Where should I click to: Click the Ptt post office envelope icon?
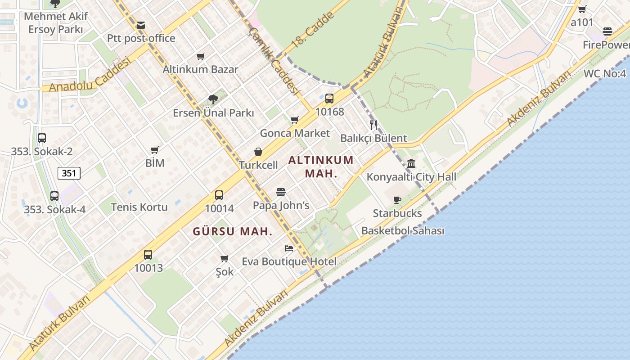click(141, 25)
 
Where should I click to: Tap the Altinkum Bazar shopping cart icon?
click(201, 57)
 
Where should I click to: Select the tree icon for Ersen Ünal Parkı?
click(213, 99)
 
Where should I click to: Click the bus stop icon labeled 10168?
click(329, 99)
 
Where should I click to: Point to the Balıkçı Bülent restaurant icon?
click(373, 125)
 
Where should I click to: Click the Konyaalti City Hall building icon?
click(411, 164)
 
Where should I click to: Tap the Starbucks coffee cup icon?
click(397, 200)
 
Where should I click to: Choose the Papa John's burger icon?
click(281, 193)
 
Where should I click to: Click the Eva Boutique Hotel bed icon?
click(289, 248)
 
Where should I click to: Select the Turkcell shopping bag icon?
click(258, 152)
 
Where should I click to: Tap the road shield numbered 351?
click(69, 173)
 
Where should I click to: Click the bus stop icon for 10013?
click(148, 255)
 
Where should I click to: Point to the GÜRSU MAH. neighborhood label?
click(233, 232)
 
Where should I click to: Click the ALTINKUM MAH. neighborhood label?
click(321, 166)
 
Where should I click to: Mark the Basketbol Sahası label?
click(403, 231)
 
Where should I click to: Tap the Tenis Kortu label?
click(139, 207)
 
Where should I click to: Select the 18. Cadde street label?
click(313, 31)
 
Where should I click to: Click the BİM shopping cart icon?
click(155, 150)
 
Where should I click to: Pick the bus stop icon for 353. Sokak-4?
click(54, 196)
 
